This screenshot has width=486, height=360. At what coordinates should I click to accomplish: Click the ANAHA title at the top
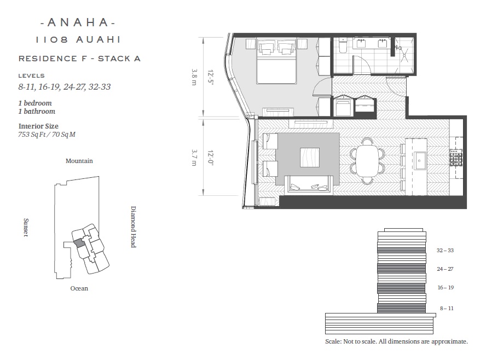point(78,22)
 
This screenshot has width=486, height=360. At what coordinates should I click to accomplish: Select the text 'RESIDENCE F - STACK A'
point(80,59)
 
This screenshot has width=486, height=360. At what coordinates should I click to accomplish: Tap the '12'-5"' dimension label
point(211,78)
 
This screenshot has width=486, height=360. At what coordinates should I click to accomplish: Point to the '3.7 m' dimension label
point(194,158)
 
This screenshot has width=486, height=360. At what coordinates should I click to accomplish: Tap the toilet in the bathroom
point(343,45)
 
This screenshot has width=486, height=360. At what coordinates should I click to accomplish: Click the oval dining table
point(367,160)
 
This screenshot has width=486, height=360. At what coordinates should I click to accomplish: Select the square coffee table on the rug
point(310,158)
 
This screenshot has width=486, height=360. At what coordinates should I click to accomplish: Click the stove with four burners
point(456,158)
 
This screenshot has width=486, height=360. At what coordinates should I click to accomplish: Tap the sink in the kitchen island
point(420,160)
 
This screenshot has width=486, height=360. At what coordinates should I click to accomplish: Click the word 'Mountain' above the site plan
point(79,161)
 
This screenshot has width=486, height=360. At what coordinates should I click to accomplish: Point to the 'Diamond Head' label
point(134,227)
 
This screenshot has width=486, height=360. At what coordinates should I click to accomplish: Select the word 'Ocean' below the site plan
point(79,288)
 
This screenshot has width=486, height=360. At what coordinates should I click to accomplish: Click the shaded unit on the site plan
point(80,242)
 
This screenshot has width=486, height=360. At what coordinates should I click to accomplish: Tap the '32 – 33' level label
point(445,251)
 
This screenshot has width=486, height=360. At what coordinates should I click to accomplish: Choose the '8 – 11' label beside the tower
point(447,308)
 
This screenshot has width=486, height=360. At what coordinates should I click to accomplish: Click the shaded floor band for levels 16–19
point(401,288)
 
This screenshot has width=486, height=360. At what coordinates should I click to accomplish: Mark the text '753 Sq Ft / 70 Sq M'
point(47,135)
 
